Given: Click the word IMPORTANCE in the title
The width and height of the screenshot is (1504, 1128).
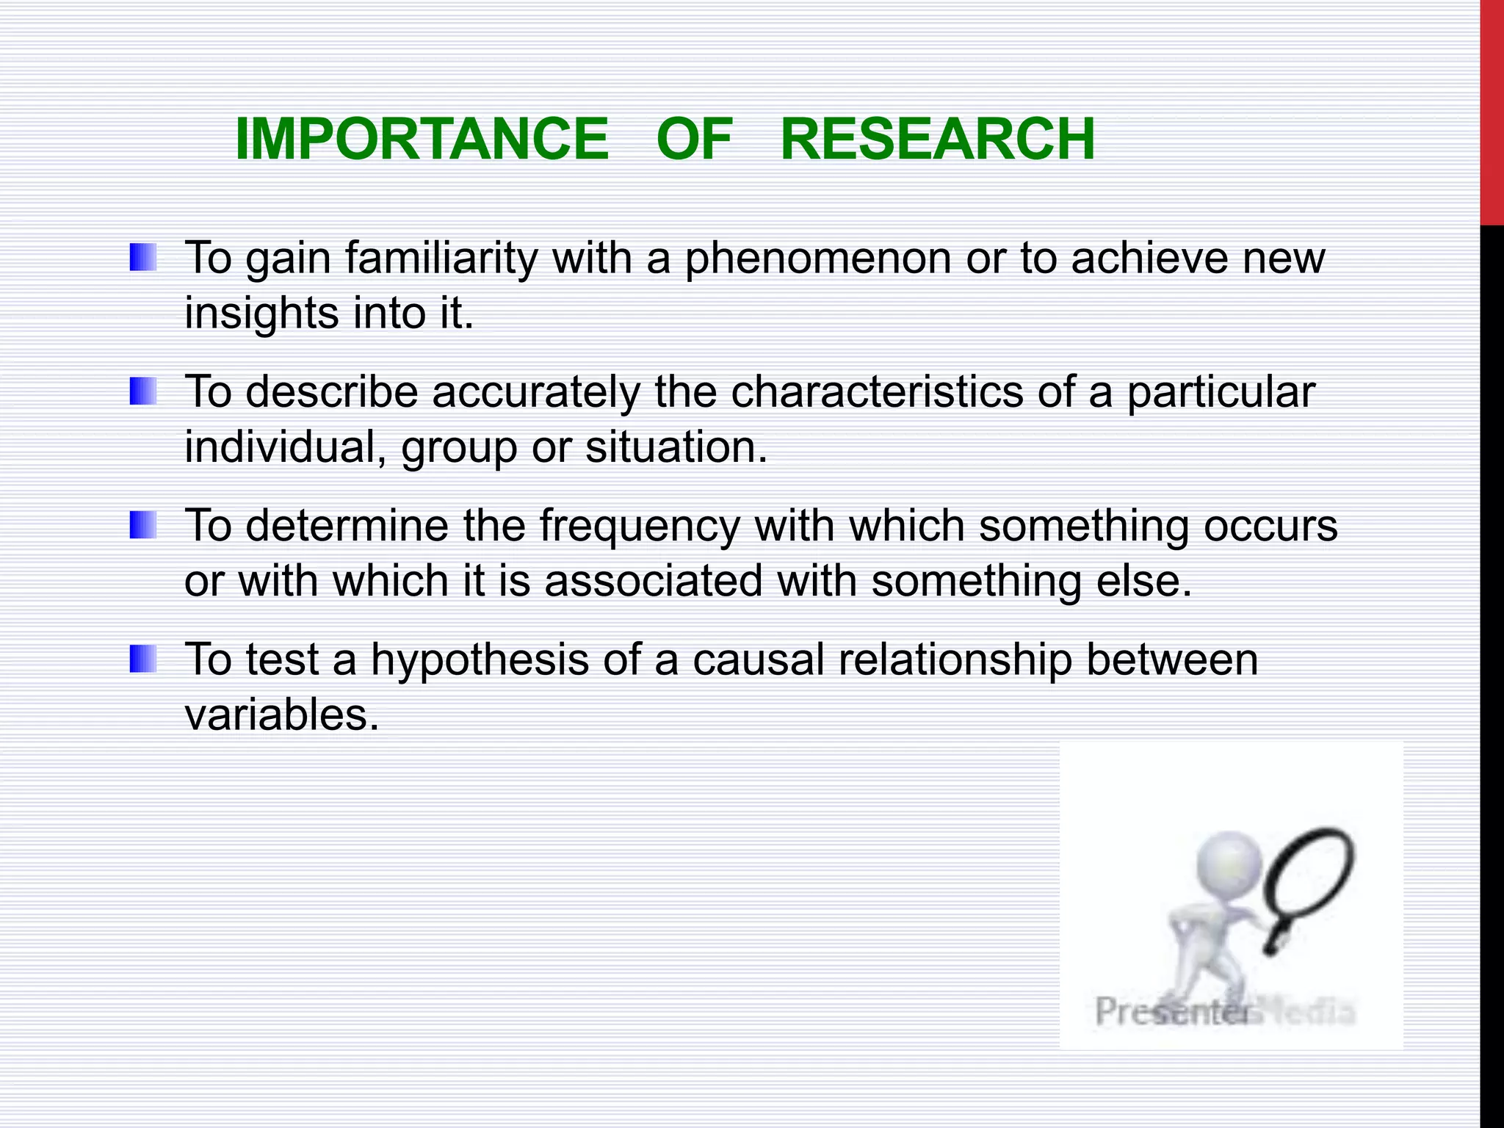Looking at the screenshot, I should [422, 140].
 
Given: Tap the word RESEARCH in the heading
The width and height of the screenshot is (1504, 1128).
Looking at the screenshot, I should [937, 140].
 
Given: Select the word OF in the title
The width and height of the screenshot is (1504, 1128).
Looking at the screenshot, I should [694, 140].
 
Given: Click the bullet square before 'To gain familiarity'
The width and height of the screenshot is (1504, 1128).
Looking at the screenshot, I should [143, 258].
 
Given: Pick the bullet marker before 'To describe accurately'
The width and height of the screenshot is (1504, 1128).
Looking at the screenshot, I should [143, 391].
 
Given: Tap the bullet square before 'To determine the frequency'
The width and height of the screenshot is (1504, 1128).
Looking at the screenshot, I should [143, 525].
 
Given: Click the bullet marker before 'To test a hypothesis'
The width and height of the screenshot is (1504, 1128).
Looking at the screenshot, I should [143, 659].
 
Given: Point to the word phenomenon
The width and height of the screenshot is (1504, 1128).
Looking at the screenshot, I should [817, 258].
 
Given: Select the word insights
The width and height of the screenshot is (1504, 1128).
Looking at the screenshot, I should [261, 314].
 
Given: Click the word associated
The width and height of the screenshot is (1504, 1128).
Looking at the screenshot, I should [654, 581].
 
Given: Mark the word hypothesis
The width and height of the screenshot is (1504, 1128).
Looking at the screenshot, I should [480, 660].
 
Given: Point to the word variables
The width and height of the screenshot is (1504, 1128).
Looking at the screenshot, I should [281, 715].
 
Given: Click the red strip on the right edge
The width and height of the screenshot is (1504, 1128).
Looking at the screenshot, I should [1492, 110].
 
